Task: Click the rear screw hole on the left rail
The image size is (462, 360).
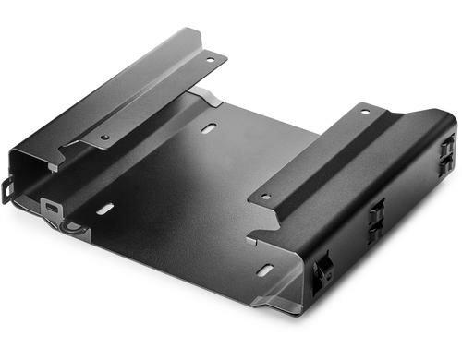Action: coord(210,61)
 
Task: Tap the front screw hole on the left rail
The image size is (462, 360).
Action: coord(104,138)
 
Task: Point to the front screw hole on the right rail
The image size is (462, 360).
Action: coord(265,196)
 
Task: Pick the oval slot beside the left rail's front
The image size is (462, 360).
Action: coord(104,210)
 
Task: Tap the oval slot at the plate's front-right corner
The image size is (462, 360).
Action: coord(265,269)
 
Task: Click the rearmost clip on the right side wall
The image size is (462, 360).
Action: coord(447,147)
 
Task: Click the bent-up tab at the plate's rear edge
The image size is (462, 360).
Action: coord(205,96)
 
